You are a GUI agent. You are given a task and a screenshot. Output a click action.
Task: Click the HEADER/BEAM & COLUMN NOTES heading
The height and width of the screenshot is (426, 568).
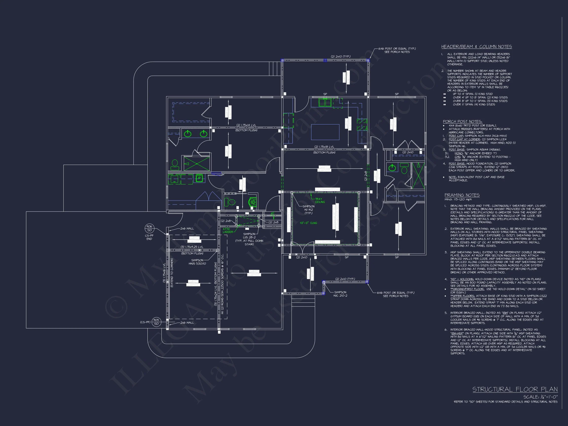(476, 47)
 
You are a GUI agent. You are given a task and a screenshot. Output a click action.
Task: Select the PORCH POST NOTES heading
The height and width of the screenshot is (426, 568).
(462, 122)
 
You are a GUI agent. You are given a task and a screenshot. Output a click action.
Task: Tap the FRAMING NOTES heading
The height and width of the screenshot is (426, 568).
(462, 195)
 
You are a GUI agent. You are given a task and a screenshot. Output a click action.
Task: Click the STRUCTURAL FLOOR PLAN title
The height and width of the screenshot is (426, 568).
(515, 390)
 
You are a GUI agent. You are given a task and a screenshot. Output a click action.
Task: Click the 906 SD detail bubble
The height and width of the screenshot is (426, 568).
(149, 228)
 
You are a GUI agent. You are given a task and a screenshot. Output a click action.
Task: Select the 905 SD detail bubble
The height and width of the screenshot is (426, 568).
(156, 322)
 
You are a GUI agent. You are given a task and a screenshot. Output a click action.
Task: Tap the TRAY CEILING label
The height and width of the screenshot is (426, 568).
(320, 200)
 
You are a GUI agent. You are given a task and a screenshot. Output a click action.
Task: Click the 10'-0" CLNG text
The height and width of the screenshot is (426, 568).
(308, 223)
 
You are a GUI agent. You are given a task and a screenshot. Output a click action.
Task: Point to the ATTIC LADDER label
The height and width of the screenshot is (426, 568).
(228, 230)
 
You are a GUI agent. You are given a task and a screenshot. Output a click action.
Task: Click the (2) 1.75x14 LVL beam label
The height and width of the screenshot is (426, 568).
(246, 125)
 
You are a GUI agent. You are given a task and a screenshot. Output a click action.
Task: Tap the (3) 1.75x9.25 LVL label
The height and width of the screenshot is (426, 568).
(192, 247)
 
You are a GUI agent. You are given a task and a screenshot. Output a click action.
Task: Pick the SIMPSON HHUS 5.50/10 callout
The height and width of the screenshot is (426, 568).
(197, 262)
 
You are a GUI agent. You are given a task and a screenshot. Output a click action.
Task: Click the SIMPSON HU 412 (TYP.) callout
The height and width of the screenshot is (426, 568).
(308, 210)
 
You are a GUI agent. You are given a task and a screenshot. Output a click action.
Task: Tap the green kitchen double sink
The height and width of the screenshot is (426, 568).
(325, 103)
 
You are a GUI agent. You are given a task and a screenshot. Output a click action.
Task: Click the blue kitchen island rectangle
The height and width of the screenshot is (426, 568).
(325, 132)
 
